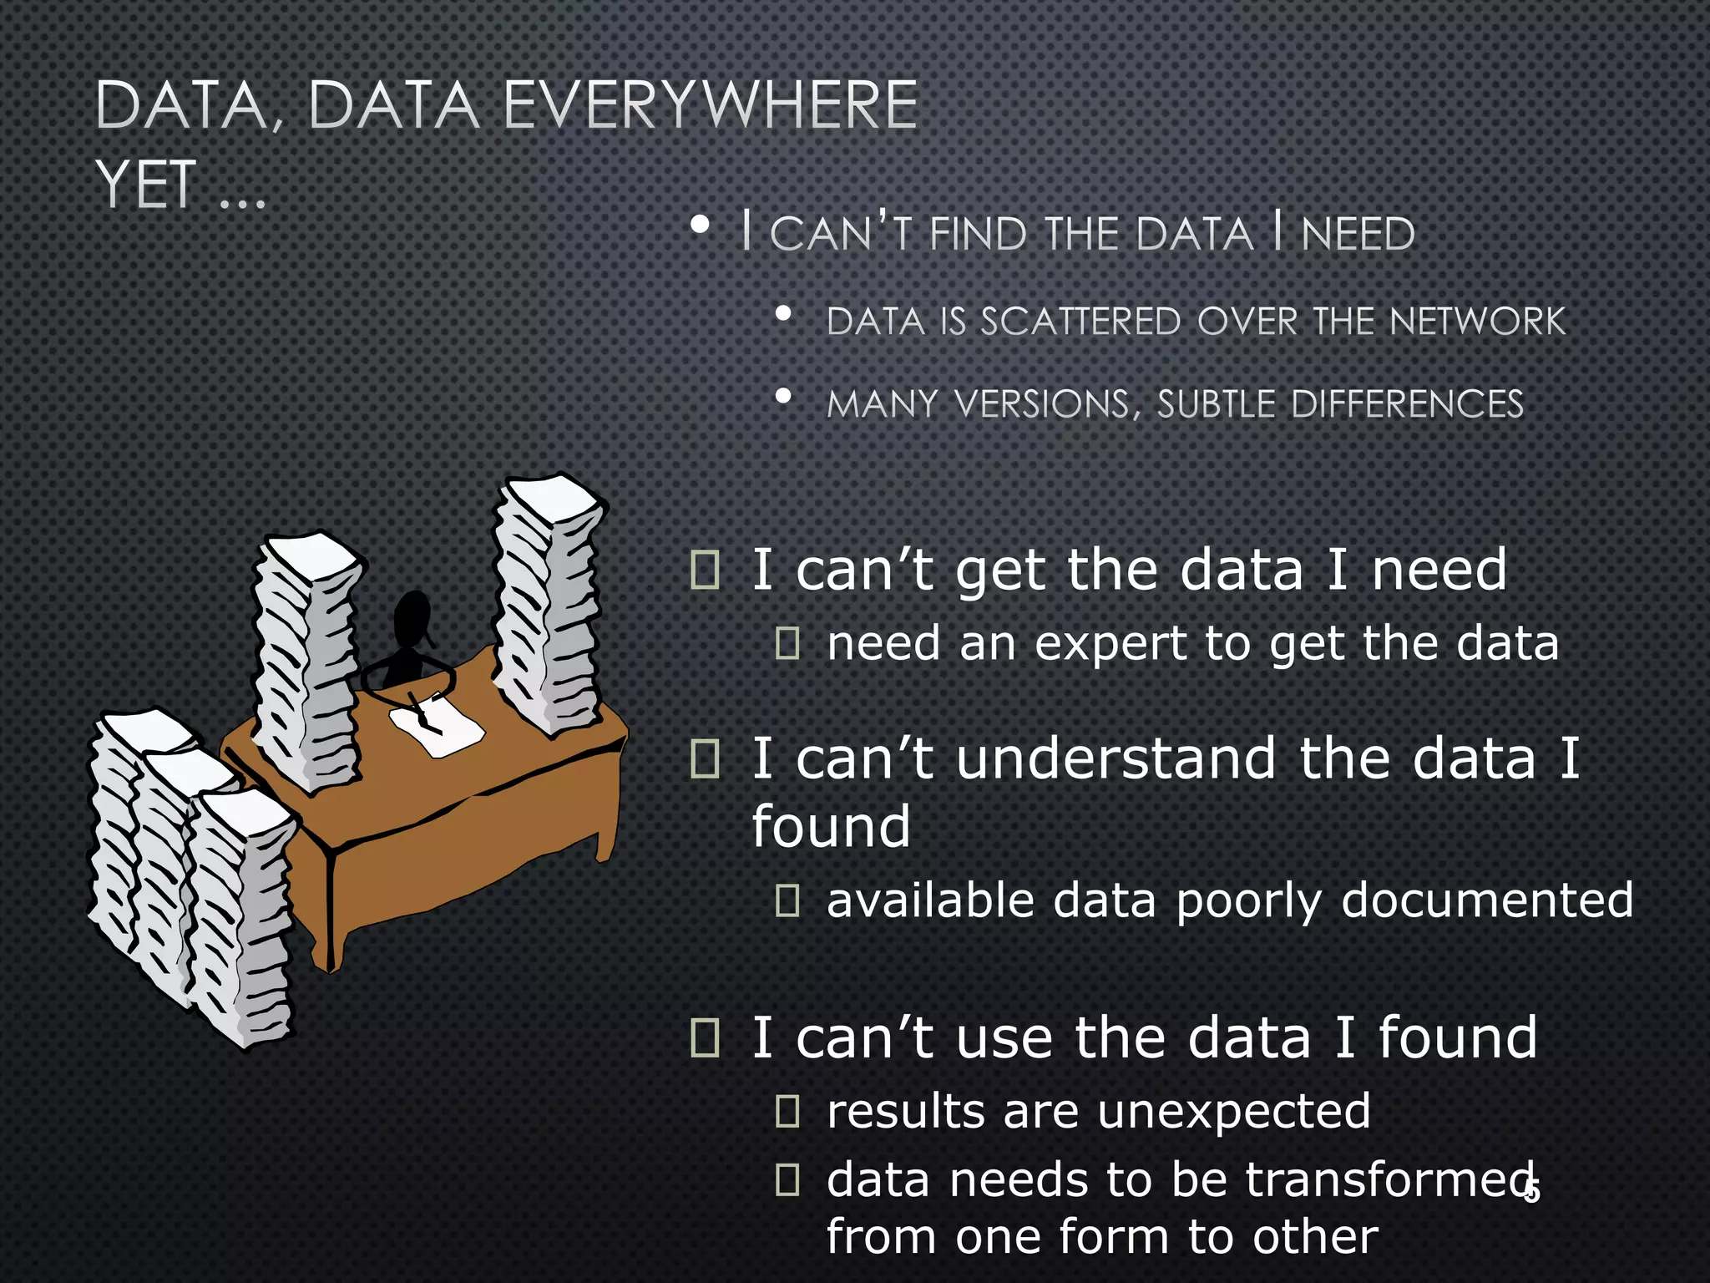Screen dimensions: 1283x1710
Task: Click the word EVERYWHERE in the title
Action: [x=710, y=105]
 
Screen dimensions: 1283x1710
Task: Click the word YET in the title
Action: [x=146, y=184]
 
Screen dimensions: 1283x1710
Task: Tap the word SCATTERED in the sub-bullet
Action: [x=1080, y=322]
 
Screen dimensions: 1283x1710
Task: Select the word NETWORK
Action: [x=1477, y=322]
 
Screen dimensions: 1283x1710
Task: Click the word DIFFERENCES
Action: [x=1407, y=404]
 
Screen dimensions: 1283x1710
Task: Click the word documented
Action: [x=1487, y=900]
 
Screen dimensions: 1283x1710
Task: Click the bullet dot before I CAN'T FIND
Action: [x=701, y=225]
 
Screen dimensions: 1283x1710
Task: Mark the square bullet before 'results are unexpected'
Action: [x=787, y=1111]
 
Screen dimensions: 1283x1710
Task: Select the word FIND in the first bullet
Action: [x=979, y=233]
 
